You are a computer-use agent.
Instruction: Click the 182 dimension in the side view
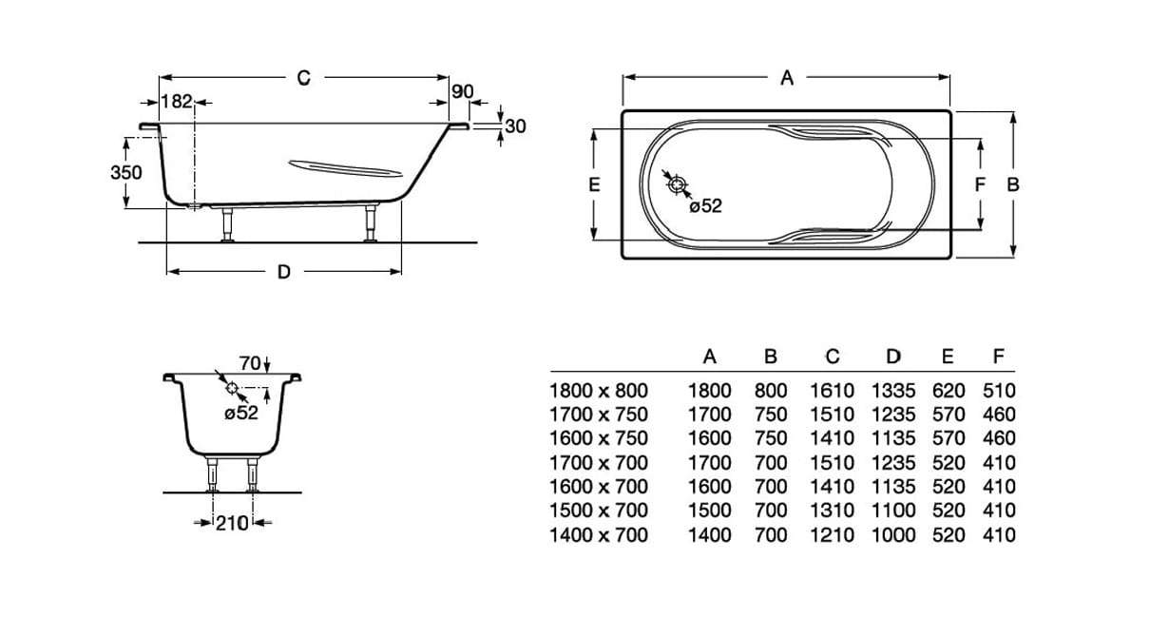point(178,102)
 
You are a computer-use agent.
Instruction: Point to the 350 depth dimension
point(125,172)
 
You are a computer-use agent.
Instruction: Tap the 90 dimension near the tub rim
point(463,91)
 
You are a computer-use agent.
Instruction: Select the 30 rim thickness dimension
point(515,126)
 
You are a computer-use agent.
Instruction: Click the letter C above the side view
point(303,78)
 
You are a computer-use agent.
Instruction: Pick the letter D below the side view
point(283,273)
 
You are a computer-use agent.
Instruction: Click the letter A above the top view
point(786,79)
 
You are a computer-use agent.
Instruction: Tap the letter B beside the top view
point(1013,185)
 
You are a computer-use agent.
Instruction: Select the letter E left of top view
point(594,185)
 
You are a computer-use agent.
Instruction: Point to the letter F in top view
point(980,185)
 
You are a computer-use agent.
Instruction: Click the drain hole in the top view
point(677,185)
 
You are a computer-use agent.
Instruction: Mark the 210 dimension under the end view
point(232,522)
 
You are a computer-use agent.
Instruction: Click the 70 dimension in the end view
point(250,362)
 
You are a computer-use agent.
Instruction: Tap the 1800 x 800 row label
point(599,390)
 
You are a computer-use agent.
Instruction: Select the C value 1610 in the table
point(833,390)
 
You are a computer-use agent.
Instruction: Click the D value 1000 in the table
point(893,535)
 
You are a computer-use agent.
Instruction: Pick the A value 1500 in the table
point(709,511)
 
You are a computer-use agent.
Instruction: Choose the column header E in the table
point(947,357)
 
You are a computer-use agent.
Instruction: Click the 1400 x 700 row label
point(599,535)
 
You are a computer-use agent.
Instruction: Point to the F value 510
point(998,390)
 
